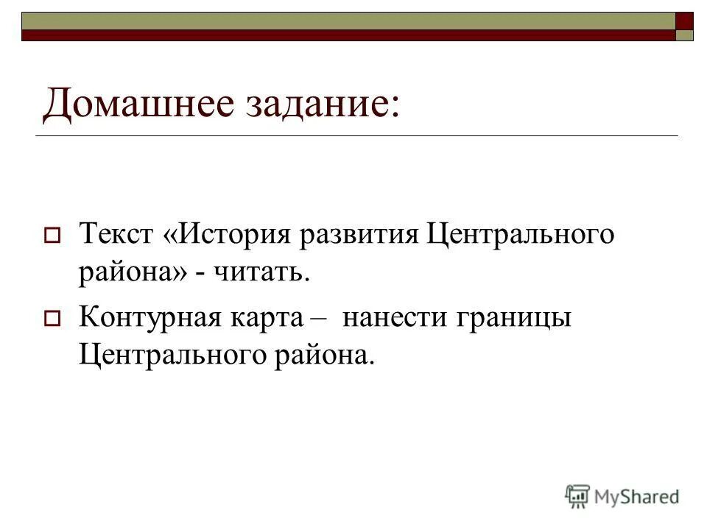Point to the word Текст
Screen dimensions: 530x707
pyautogui.click(x=115, y=236)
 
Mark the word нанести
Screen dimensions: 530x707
pyautogui.click(x=392, y=319)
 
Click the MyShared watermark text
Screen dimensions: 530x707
pyautogui.click(x=638, y=496)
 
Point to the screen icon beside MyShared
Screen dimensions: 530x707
pyautogui.click(x=578, y=495)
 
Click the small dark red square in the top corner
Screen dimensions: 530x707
pyautogui.click(x=685, y=20)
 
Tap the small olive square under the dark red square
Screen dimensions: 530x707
pyautogui.click(x=685, y=35)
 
